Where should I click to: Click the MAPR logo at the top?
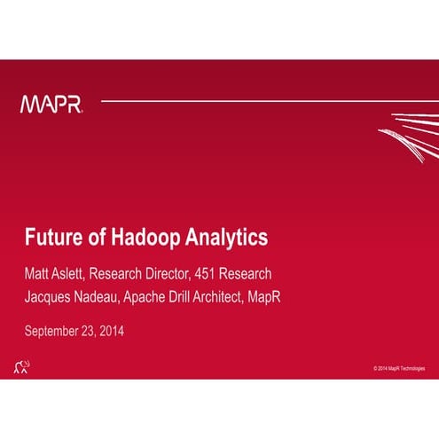(x=51, y=105)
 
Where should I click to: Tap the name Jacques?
(x=50, y=296)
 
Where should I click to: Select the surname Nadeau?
(x=104, y=296)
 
